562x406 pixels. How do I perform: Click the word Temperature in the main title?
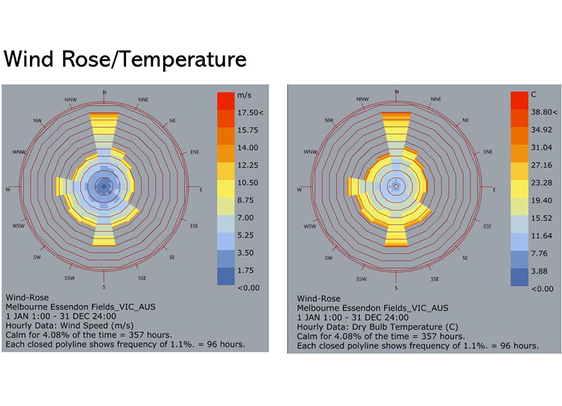pos(184,59)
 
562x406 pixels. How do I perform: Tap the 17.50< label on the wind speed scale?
pos(250,112)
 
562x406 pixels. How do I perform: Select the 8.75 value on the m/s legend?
pos(245,200)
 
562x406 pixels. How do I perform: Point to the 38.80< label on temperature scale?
pos(544,112)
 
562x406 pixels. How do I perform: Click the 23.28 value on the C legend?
pos(541,183)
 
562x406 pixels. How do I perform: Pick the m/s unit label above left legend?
pos(244,96)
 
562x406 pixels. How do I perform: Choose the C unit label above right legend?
pos(534,94)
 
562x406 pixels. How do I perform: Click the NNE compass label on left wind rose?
pos(144,100)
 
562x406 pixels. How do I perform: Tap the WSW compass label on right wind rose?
pos(310,226)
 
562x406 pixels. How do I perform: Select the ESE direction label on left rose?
pos(194,226)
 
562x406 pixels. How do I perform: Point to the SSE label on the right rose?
pos(435,279)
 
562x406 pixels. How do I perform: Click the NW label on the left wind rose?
pos(37,121)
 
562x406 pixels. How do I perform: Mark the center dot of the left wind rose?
pos(104,187)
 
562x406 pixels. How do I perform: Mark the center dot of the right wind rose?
pos(396,187)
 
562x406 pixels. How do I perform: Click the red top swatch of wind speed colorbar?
pos(226,101)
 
